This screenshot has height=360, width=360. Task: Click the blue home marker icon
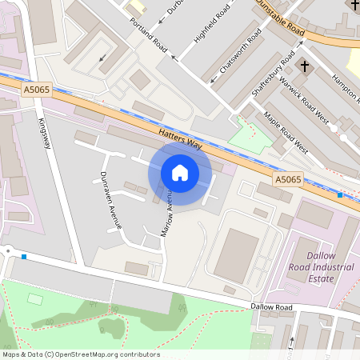180,173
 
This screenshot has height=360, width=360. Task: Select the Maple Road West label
285,130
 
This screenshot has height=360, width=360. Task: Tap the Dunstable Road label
280,18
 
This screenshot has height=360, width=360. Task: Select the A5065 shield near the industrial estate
288,180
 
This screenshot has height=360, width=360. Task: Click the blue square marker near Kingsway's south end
25,257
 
